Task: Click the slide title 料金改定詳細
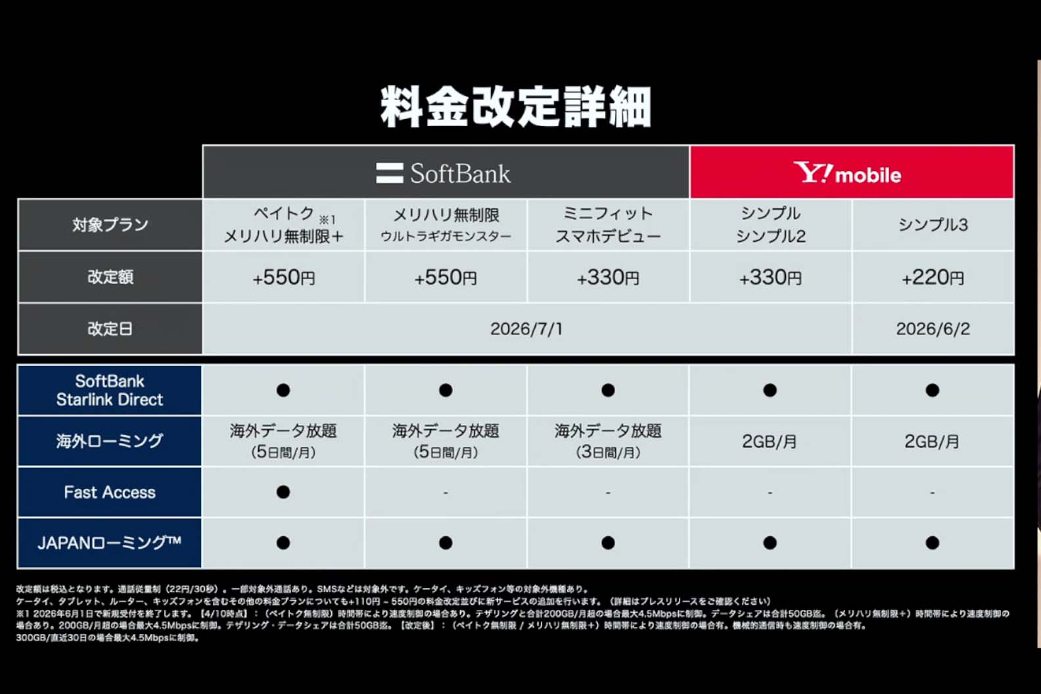pos(516,106)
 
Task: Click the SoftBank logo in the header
pos(444,173)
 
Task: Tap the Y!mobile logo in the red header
pos(848,173)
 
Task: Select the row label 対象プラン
pos(110,225)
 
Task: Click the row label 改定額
pos(110,277)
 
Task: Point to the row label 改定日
pos(110,329)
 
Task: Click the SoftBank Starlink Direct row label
pos(110,390)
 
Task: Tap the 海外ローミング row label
pos(110,441)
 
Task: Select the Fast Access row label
pos(110,492)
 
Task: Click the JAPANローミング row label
pos(110,543)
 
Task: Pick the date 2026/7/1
pos(526,329)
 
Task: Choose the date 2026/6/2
pos(933,329)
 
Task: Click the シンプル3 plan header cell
pos(933,225)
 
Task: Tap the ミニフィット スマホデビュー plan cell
pos(608,225)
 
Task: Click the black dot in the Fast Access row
pos(283,492)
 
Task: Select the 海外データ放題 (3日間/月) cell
pos(608,441)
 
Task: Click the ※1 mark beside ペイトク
pos(327,220)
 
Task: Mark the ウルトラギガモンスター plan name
pos(446,237)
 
